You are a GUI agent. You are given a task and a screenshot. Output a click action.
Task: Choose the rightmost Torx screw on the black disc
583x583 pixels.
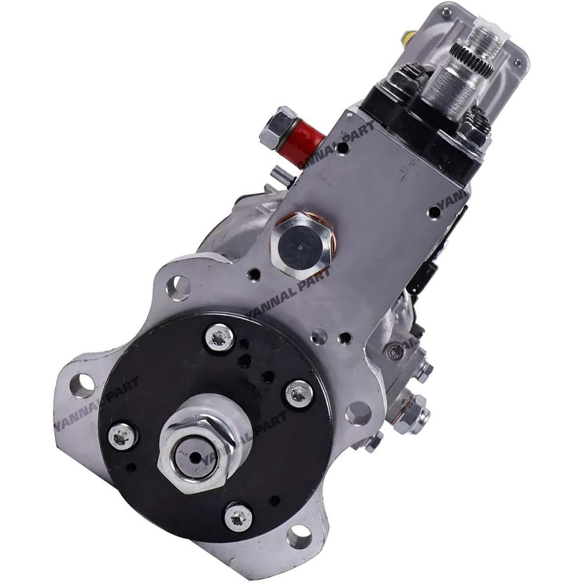pyautogui.click(x=299, y=394)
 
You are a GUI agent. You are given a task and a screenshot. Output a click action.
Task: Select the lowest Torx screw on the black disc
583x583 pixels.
pyautogui.click(x=238, y=516)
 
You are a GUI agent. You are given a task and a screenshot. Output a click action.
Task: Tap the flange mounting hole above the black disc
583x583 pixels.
pyautogui.click(x=178, y=287)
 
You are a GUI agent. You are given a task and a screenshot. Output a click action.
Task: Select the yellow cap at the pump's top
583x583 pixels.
pyautogui.click(x=404, y=39)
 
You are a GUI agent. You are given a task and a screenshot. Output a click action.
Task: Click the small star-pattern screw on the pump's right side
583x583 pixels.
pyautogui.click(x=397, y=350)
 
